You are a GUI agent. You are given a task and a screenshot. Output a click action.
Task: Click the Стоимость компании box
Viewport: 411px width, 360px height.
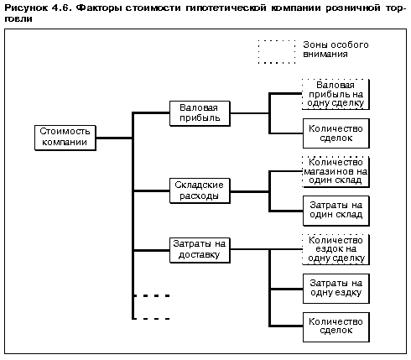pos(65,138)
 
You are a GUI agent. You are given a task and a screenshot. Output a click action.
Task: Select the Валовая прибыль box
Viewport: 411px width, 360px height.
pos(200,113)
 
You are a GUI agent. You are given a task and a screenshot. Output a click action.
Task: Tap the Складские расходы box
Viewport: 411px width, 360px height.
pos(200,190)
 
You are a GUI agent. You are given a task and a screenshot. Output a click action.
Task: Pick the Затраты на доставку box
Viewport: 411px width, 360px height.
pos(200,250)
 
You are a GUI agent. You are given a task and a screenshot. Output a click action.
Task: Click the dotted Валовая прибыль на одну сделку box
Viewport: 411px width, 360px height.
pos(336,94)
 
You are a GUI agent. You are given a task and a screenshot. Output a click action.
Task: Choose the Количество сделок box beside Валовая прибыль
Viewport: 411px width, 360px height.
pos(336,133)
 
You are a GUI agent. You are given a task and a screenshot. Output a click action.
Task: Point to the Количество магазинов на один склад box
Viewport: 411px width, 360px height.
pos(336,172)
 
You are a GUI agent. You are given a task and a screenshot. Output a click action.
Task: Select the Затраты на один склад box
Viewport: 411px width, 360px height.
pos(336,211)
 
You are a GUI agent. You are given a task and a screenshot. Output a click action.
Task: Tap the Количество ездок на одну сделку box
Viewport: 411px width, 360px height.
pos(336,249)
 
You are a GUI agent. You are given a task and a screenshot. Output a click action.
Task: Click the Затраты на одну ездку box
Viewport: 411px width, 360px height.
pos(336,289)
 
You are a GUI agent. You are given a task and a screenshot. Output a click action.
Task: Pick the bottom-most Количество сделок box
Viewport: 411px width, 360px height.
pos(336,327)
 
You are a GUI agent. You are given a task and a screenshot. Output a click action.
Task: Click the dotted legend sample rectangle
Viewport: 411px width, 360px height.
pos(277,40)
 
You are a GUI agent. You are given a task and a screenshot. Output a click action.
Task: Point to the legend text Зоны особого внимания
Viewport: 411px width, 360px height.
pos(336,50)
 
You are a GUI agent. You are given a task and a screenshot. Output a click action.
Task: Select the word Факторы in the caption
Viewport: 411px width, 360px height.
pos(99,8)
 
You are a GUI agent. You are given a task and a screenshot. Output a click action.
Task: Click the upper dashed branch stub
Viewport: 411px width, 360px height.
pos(152,295)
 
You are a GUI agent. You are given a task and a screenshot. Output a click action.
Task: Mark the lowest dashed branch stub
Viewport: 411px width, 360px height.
pos(152,319)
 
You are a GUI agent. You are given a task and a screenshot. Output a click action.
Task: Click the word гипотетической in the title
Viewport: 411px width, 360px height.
pos(226,8)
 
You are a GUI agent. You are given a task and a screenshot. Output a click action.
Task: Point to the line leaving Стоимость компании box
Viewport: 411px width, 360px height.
pos(114,138)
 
